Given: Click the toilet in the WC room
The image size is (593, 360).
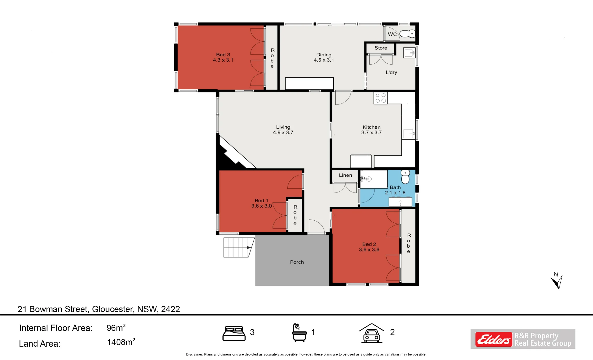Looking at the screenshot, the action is coord(407,34).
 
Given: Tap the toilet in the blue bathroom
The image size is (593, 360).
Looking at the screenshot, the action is coord(405,177).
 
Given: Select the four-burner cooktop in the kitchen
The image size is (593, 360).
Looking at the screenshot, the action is coord(381,98).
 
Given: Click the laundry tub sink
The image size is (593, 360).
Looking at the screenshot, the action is coord(409,53).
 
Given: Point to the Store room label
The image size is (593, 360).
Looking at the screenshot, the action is coord(381,48).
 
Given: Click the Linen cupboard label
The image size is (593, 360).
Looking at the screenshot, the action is coord(345,175).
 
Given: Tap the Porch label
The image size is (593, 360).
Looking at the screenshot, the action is coord(297,262).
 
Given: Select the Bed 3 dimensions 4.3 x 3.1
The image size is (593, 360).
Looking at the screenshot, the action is coord(223,60).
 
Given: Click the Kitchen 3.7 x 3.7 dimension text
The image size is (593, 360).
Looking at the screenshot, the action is coord(372,133).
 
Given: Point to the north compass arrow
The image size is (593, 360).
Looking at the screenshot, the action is coord(557,282).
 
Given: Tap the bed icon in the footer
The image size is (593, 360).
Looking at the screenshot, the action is coord(234,333).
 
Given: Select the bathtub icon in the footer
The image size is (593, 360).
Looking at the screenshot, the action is coord(299,333).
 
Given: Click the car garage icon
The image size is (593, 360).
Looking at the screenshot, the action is coord(372,333).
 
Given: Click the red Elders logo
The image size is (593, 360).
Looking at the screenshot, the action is coord(494,339).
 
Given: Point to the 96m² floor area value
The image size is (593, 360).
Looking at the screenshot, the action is coord(116,328).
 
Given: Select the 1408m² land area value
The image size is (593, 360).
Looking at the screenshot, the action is coord(121,342).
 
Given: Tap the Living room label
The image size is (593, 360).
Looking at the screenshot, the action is coord(283,127).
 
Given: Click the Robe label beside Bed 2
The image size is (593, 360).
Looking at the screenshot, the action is coord(409,243).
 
